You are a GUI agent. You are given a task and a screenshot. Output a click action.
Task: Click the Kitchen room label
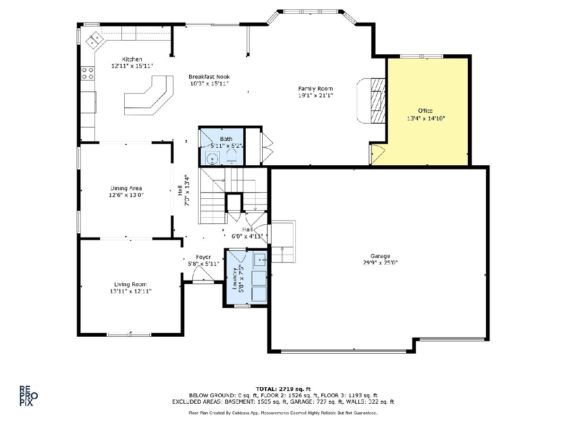[132, 59]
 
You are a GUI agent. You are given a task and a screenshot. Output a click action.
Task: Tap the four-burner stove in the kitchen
[87, 73]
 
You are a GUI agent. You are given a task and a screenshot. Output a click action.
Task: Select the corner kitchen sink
[94, 40]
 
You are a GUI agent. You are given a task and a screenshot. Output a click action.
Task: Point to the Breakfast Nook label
[209, 76]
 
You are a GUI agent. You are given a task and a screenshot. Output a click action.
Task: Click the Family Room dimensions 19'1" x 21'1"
[316, 95]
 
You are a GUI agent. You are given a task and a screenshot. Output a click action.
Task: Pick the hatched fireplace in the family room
[378, 101]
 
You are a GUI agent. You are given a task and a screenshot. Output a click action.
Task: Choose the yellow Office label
[425, 110]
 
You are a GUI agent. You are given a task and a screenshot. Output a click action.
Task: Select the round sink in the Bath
[212, 158]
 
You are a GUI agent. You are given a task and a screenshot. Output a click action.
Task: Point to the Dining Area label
[126, 188]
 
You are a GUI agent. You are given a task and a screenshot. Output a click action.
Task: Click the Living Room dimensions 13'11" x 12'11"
[130, 291]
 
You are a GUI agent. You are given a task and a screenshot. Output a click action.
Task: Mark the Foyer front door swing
[203, 273]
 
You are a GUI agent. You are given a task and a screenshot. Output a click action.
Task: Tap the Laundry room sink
[260, 260]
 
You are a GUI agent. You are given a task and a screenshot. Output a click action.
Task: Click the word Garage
[380, 256]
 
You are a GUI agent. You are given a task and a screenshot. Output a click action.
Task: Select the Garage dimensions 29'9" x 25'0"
[380, 263]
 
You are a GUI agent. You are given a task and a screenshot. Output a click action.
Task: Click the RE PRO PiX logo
[29, 396]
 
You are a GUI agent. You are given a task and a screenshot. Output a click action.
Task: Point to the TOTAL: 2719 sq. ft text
[283, 389]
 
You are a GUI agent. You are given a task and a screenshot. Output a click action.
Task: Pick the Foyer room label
[203, 257]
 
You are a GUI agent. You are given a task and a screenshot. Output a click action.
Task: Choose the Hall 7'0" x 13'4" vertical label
[184, 191]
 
